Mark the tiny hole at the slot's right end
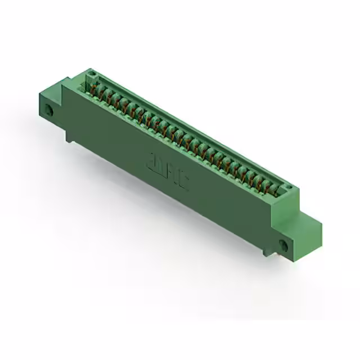[287, 188]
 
